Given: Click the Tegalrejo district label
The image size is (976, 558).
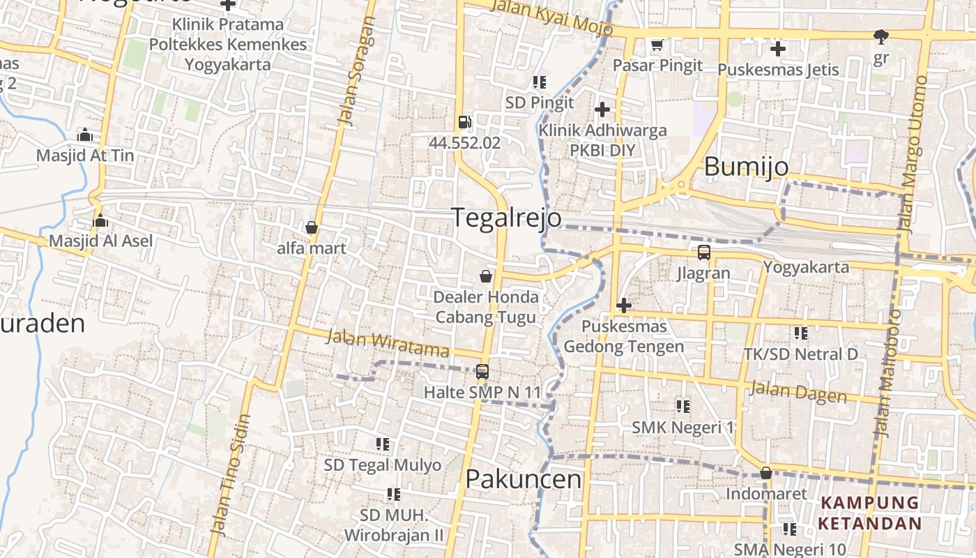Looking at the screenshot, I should click(506, 218).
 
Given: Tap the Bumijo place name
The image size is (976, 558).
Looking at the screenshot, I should click(746, 167).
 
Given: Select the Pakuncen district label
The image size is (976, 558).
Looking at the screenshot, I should click(523, 479).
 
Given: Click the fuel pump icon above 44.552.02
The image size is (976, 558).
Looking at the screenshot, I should click(464, 123).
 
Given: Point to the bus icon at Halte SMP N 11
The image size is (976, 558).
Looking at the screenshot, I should click(482, 372).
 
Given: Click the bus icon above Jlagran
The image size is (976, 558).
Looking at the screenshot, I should click(703, 252).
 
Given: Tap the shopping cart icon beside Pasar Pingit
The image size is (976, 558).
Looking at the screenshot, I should click(656, 45).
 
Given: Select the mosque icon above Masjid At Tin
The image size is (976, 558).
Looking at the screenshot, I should click(85, 134).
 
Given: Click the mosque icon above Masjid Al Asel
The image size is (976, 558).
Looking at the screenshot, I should click(100, 221).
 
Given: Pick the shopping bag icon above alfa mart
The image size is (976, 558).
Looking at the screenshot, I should click(311, 227).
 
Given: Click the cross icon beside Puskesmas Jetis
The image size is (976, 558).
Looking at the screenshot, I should click(777, 49).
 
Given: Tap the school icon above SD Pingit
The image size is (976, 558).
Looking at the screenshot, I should click(539, 82).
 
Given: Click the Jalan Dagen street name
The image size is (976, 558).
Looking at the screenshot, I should click(798, 392).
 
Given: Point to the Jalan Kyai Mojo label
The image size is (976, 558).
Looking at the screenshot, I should click(552, 17).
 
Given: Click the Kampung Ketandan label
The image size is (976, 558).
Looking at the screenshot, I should click(869, 513).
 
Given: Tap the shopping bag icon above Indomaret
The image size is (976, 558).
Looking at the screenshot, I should click(765, 474).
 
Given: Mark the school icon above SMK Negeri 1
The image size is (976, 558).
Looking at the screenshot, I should click(683, 406).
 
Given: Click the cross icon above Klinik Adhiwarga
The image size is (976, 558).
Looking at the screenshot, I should click(602, 110).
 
